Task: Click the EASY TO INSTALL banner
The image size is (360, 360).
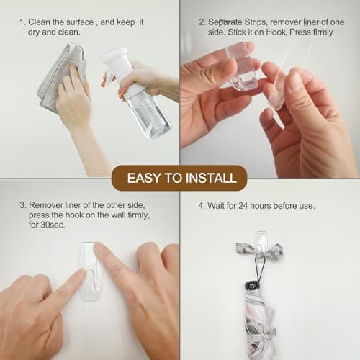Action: click(x=179, y=177)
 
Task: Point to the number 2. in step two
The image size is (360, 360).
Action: click(x=202, y=22)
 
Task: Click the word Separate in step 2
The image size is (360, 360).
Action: click(x=229, y=22)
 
